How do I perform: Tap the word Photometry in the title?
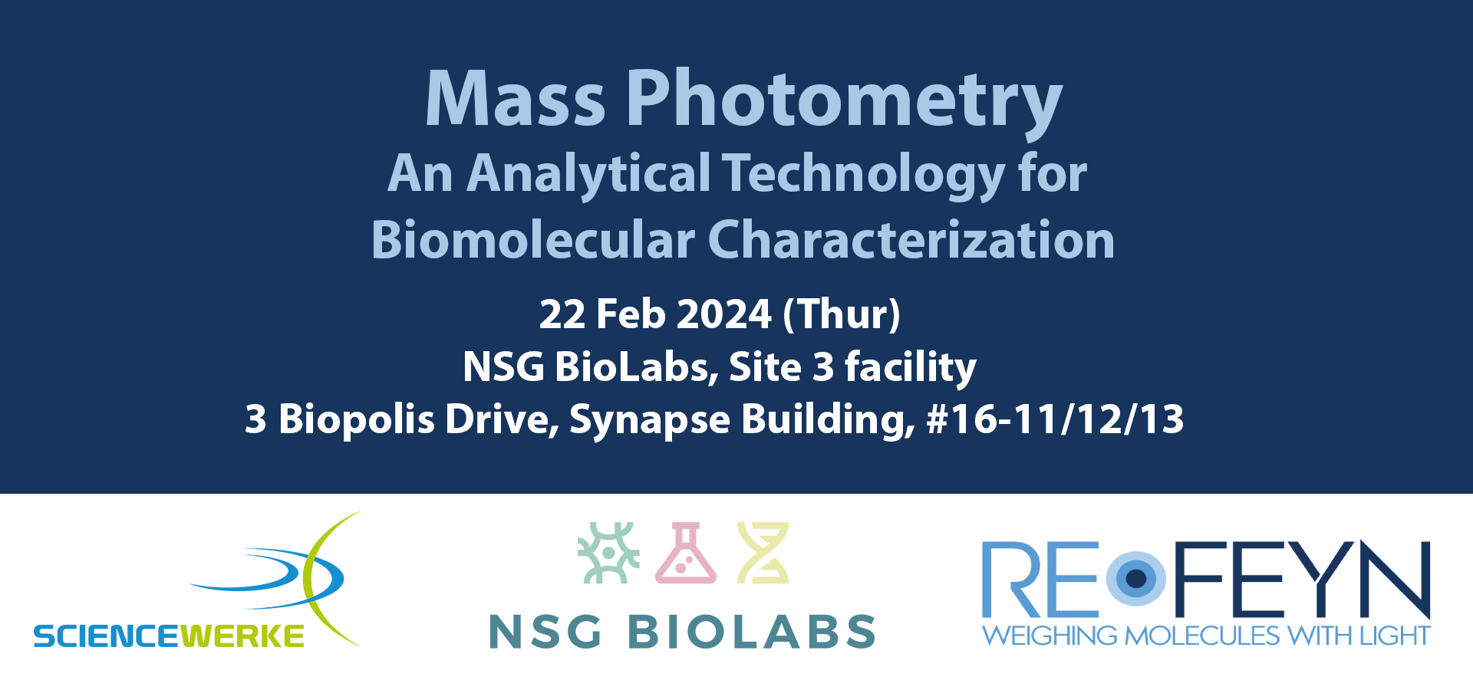coord(845,103)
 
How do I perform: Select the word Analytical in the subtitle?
coord(588,175)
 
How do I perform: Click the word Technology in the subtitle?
coord(864,175)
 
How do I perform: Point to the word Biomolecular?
coord(532,240)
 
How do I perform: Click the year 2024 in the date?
coord(723,314)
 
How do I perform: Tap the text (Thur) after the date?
coord(842,315)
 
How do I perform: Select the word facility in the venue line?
coord(911,366)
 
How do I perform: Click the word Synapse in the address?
coord(649,420)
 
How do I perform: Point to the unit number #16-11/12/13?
coord(1055,419)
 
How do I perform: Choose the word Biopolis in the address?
coord(357,420)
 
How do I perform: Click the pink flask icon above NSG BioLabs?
coord(686,553)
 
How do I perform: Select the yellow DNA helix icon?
coord(763,553)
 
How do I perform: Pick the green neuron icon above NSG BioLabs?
coord(608,553)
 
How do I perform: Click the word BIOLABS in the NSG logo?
coord(752,632)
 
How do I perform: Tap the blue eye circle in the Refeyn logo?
coord(1136,578)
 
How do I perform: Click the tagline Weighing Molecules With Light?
coord(1206,636)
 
